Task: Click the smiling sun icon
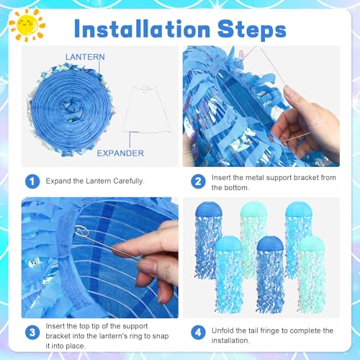[27, 24]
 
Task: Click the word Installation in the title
[143, 29]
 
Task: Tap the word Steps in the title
[252, 30]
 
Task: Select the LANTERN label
[85, 57]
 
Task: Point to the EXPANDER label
[120, 153]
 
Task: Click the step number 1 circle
[32, 181]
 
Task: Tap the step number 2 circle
[198, 181]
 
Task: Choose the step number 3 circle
[32, 333]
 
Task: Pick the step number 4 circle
[198, 333]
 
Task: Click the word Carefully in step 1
[129, 181]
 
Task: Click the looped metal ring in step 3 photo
[82, 232]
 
